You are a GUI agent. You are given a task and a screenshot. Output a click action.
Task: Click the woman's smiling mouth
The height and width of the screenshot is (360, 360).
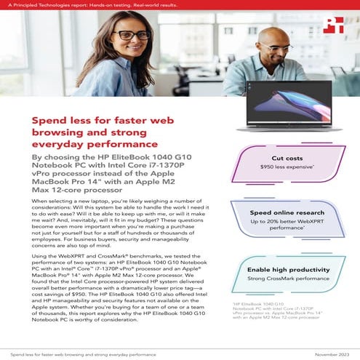point(130,52)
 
